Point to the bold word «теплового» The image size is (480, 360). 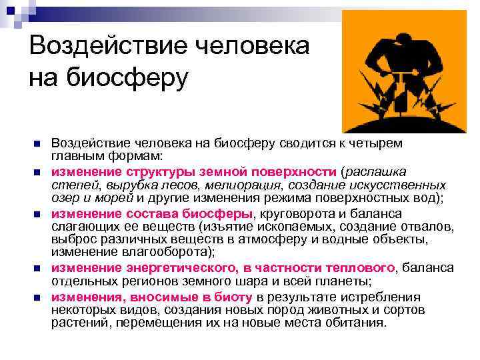[362, 268]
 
